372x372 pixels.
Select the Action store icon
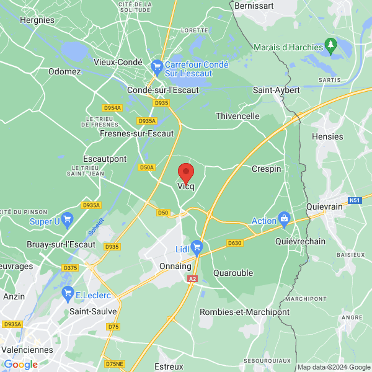click(285, 218)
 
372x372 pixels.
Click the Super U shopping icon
click(67, 218)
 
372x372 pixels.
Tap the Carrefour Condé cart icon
click(157, 64)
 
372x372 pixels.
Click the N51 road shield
click(354, 200)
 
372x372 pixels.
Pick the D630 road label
click(234, 243)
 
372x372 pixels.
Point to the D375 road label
click(70, 268)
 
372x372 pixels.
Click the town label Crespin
click(267, 169)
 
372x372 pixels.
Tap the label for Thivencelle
click(237, 116)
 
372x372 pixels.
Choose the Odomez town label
click(65, 71)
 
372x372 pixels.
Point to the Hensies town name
click(328, 136)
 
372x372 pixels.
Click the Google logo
click(20, 365)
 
